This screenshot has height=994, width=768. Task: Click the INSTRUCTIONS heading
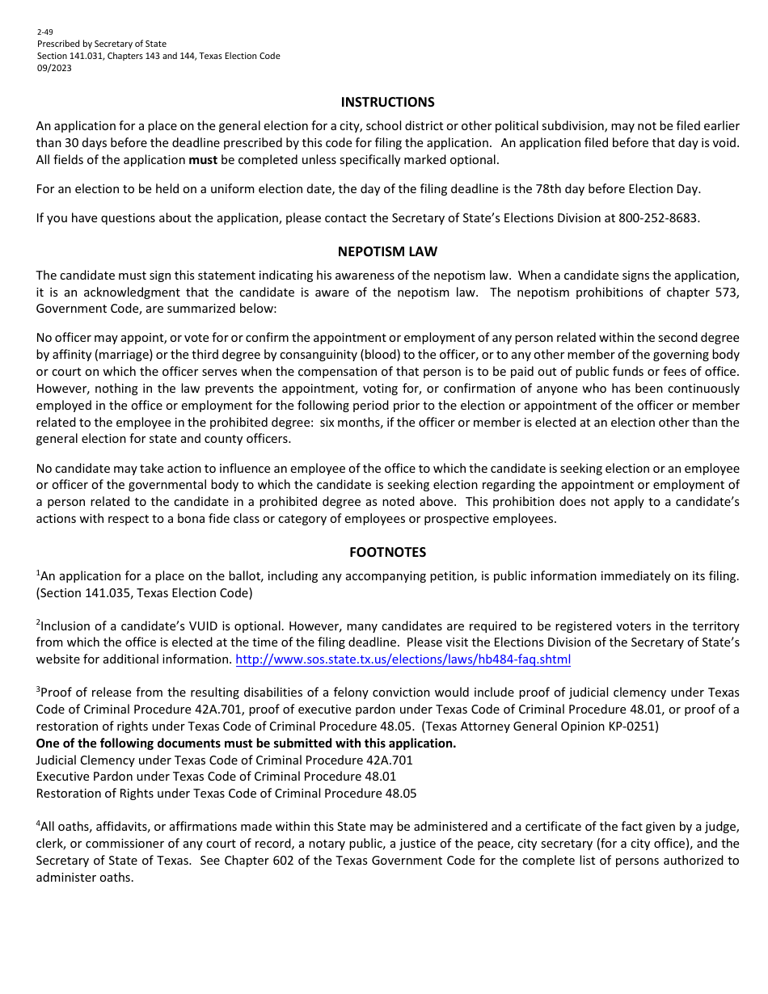point(387,102)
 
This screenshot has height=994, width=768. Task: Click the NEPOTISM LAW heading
point(387,251)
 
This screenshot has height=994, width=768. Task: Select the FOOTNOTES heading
point(387,552)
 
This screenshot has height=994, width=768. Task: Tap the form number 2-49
point(44,32)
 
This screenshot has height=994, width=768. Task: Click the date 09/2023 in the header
point(54,68)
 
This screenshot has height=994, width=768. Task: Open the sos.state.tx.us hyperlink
point(403,659)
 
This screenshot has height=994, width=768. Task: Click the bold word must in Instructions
point(203,159)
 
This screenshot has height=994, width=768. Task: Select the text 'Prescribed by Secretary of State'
point(101,44)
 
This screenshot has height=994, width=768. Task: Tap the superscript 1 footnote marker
point(38,573)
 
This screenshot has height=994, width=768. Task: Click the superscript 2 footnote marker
point(38,623)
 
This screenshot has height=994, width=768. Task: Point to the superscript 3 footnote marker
point(38,689)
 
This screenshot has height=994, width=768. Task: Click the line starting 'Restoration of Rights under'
point(226,794)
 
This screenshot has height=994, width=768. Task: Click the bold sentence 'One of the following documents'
point(246,743)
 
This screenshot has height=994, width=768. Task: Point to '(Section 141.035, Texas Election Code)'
point(144,593)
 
